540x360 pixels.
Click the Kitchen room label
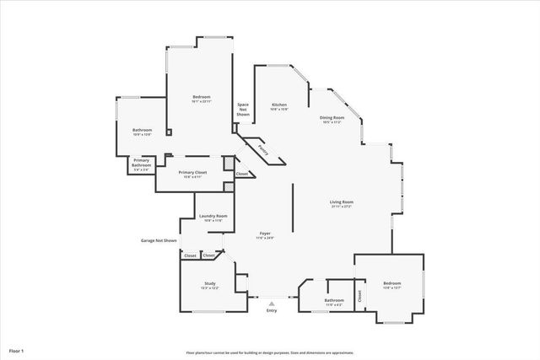point(279,105)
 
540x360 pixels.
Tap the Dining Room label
point(332,118)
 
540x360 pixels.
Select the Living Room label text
point(341,202)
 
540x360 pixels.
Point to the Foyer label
point(265,234)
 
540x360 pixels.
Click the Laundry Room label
point(213,217)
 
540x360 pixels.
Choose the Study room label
point(210,283)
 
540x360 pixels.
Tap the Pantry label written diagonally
point(263,151)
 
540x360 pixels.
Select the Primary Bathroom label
point(141,162)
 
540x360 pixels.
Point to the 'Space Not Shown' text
point(243,110)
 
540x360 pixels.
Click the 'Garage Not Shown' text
point(159,240)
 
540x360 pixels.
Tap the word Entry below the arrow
point(272,310)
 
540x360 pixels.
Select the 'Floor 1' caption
point(17,350)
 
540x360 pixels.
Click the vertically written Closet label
point(359,296)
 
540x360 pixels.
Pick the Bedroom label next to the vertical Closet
point(392,283)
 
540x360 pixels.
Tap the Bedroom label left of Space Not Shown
point(201,97)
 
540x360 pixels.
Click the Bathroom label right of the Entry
point(334,300)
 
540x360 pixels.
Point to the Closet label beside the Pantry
point(242,174)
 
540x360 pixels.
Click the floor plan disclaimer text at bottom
point(270,352)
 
